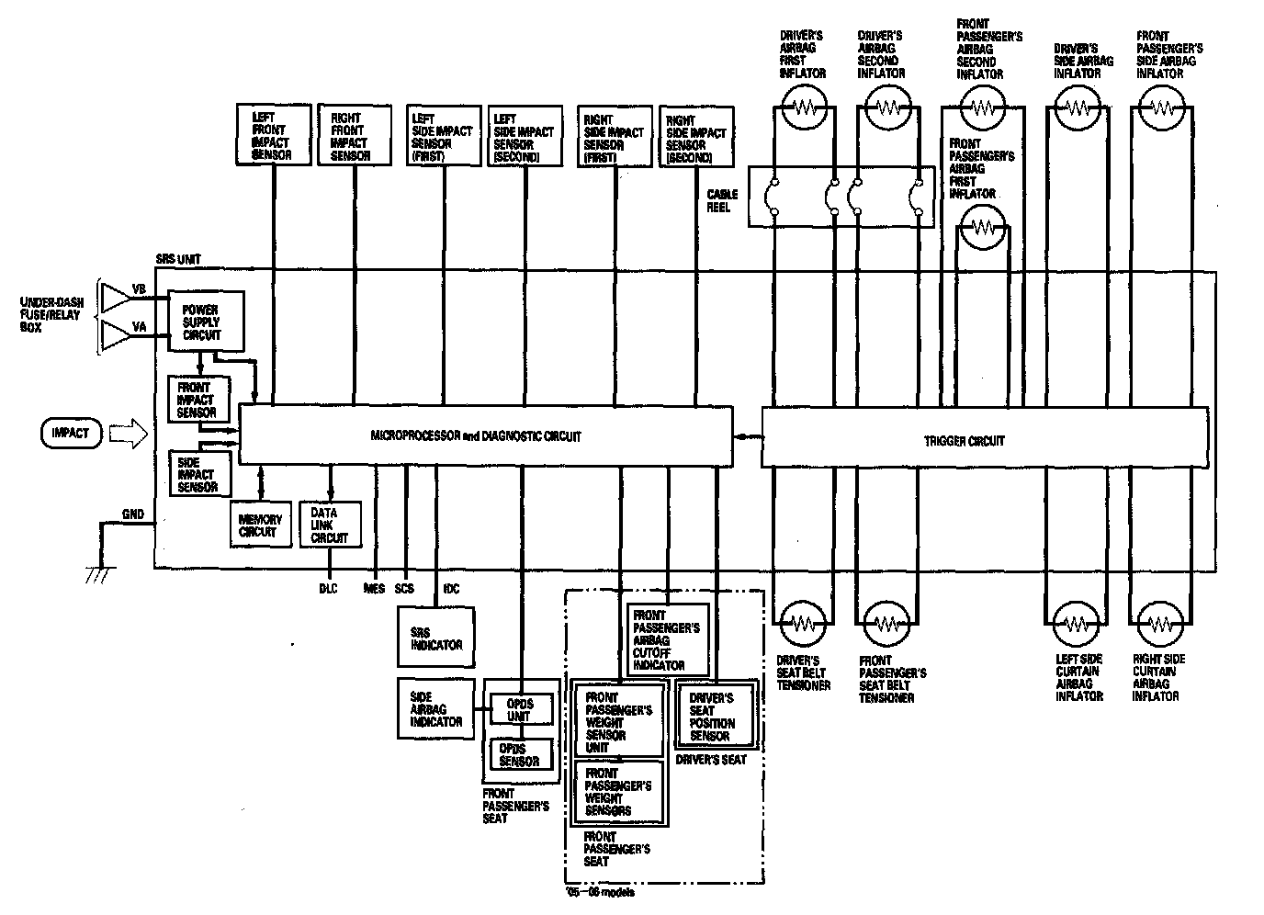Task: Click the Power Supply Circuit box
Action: point(207,322)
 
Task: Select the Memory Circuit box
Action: point(260,525)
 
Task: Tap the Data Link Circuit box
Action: point(330,525)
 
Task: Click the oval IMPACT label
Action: point(71,433)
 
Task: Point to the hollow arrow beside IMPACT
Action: point(128,434)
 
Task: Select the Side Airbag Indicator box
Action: point(436,708)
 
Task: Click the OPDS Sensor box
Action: point(521,754)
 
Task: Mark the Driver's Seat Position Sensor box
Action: point(717,717)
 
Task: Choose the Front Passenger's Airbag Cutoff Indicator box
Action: point(669,639)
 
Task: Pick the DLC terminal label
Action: point(328,589)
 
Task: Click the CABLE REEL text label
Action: point(719,201)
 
